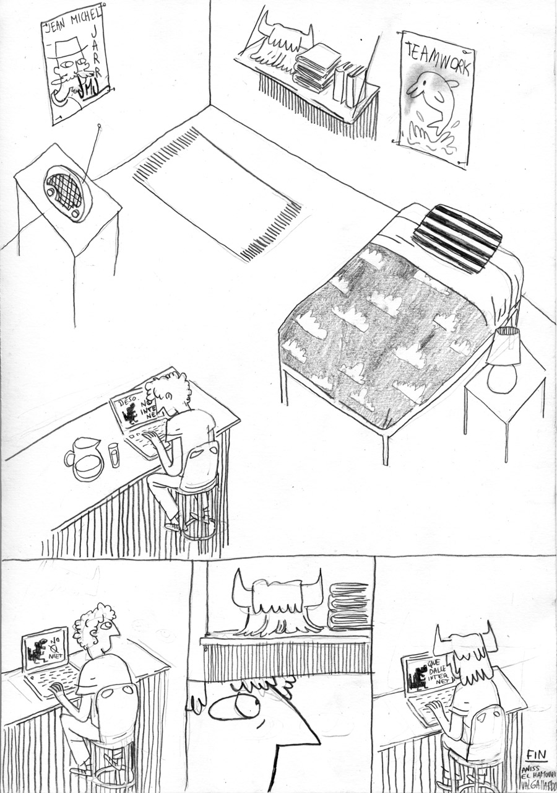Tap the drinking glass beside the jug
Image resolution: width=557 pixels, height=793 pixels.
pos(114,454)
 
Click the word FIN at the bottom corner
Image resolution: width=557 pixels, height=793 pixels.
pos(536,754)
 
